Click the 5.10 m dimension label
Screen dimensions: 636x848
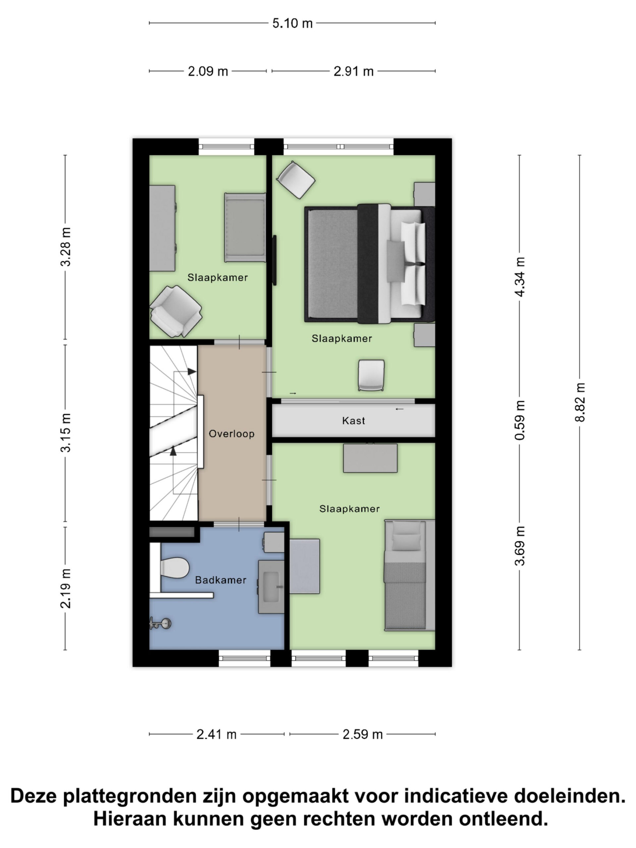click(292, 24)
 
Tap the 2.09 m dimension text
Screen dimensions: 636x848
click(208, 71)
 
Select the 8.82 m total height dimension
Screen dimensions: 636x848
click(580, 402)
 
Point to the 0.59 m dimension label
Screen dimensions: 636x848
click(520, 420)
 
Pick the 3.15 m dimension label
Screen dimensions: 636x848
click(66, 433)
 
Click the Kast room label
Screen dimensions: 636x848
click(353, 421)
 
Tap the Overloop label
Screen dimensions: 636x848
click(232, 434)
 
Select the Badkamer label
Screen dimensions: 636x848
click(221, 580)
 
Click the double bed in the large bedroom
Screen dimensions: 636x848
click(370, 263)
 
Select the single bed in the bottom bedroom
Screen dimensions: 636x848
click(409, 575)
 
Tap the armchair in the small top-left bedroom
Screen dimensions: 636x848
click(176, 311)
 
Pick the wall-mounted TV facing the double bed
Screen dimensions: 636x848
click(274, 260)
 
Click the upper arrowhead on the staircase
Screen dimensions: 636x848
click(192, 371)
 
